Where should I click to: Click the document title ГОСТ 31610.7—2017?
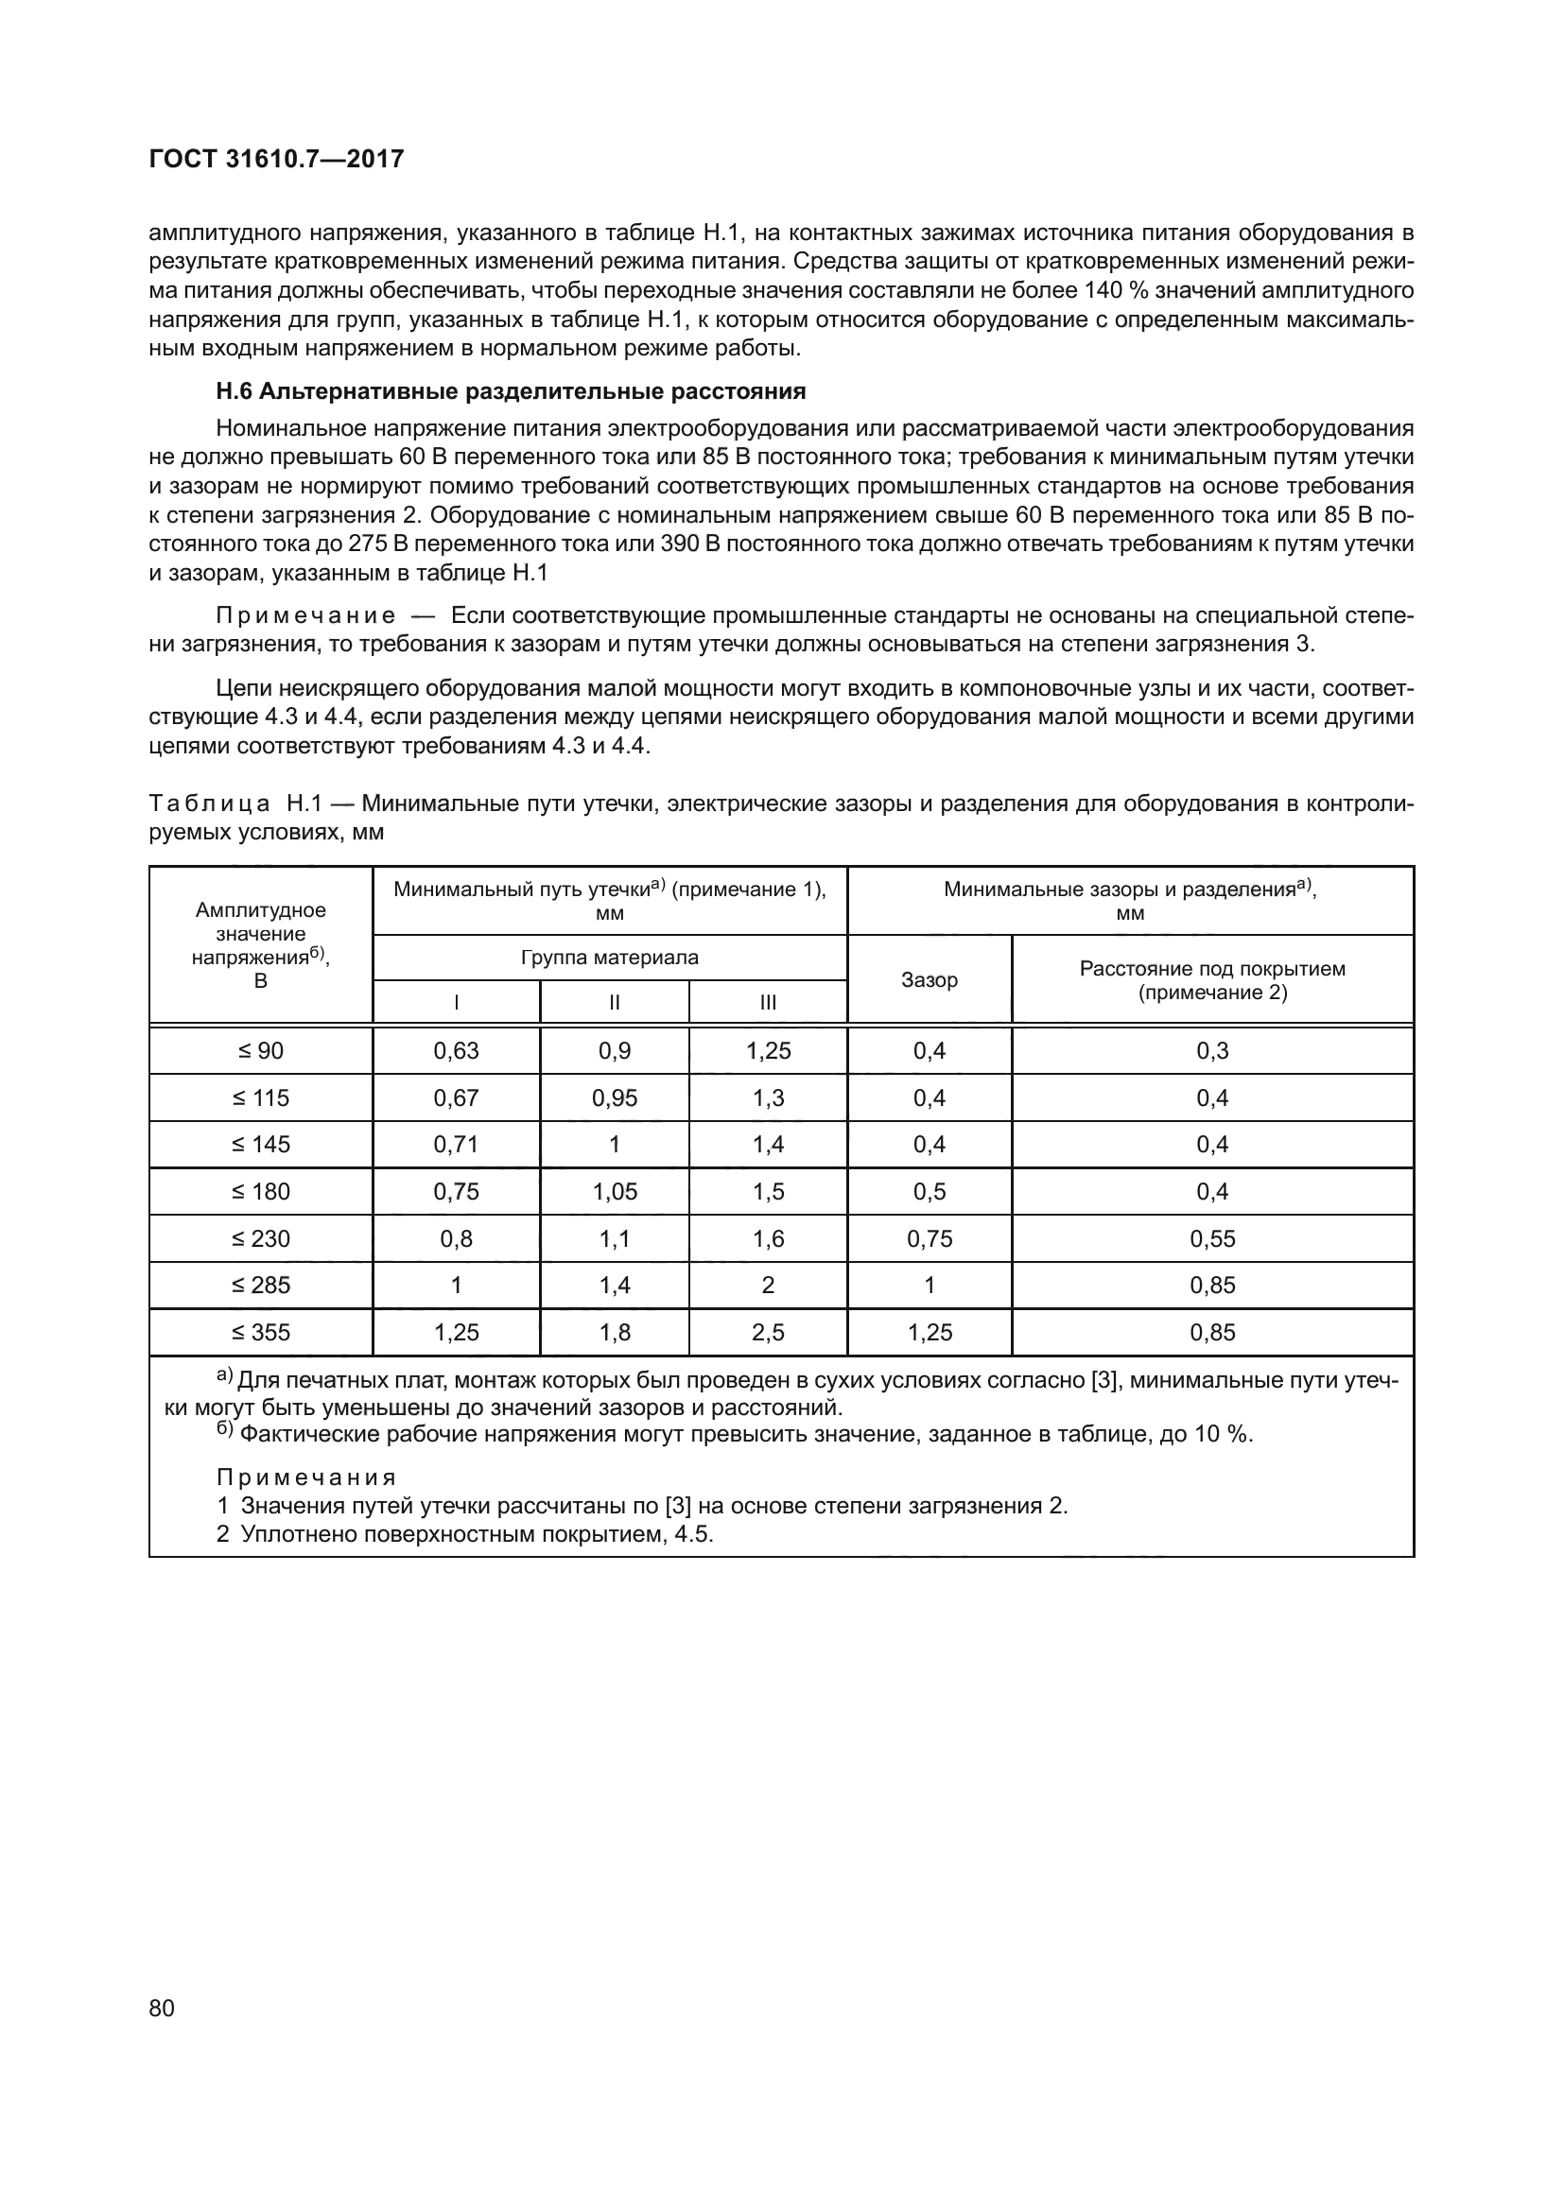pyautogui.click(x=276, y=159)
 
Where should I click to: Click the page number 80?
pyautogui.click(x=162, y=2008)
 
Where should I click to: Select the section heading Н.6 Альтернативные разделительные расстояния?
pyautogui.click(x=511, y=391)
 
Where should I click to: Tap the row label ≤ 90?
pyautogui.click(x=260, y=1050)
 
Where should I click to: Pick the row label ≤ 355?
pyautogui.click(x=260, y=1333)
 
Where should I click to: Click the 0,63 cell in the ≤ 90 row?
pyautogui.click(x=456, y=1050)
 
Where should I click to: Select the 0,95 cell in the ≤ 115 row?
pyautogui.click(x=615, y=1097)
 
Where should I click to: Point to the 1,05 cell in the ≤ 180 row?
pyautogui.click(x=615, y=1191)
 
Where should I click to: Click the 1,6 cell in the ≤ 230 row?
pyautogui.click(x=768, y=1238)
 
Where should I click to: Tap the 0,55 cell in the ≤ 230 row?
pyautogui.click(x=1211, y=1238)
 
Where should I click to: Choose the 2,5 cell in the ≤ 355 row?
pyautogui.click(x=768, y=1333)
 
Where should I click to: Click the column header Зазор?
pyautogui.click(x=929, y=980)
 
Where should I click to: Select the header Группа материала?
pyautogui.click(x=610, y=958)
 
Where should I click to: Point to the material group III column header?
pyautogui.click(x=768, y=1002)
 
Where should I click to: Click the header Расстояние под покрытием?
pyautogui.click(x=1211, y=969)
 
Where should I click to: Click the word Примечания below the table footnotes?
pyautogui.click(x=306, y=1478)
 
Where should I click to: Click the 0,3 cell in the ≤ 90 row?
pyautogui.click(x=1211, y=1050)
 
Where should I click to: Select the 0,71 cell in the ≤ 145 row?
pyautogui.click(x=456, y=1145)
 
